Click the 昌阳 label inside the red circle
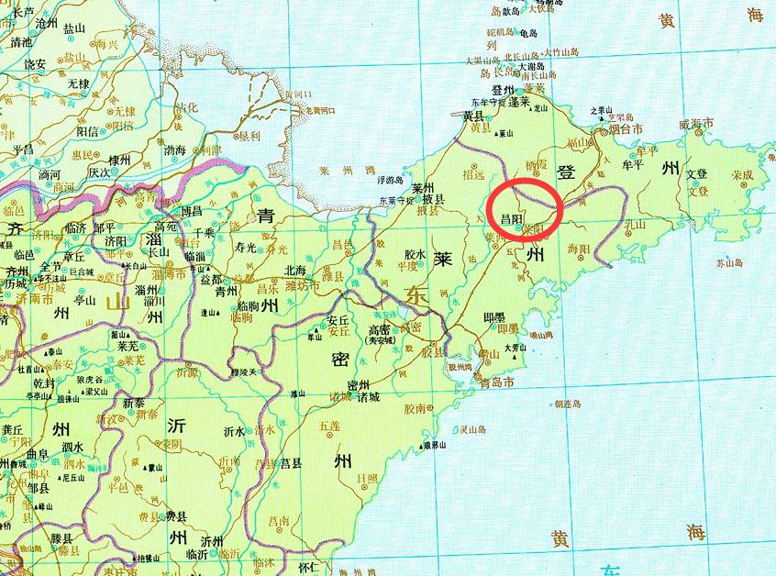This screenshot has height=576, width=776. pyautogui.click(x=511, y=220)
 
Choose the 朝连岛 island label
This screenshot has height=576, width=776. pyautogui.click(x=570, y=403)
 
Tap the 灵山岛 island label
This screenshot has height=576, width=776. pyautogui.click(x=473, y=428)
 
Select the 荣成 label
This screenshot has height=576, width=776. pyautogui.click(x=741, y=174)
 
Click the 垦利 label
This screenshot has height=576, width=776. pyautogui.click(x=249, y=136)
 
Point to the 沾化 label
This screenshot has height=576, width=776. pyautogui.click(x=187, y=107)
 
